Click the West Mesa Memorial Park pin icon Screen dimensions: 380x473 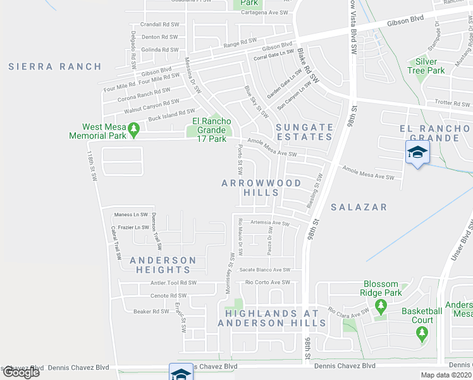133,129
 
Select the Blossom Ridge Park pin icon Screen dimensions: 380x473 380,307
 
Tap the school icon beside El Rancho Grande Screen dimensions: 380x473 417,153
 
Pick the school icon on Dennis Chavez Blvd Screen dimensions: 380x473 180,373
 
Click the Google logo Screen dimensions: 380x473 21,372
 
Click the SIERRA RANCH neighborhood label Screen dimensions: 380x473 55,66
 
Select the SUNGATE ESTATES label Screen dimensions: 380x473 304,132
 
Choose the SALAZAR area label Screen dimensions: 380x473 358,207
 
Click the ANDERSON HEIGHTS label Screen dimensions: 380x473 163,265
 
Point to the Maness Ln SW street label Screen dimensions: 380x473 130,215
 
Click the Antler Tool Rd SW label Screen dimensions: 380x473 173,283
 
